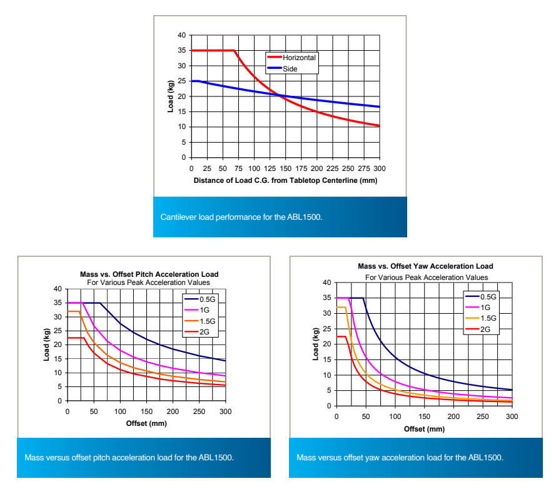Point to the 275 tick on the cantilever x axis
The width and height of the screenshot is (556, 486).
pyautogui.click(x=364, y=169)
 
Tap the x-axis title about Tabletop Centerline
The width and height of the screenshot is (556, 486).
pyautogui.click(x=286, y=180)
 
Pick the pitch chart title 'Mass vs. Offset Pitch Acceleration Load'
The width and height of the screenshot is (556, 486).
pyautogui.click(x=149, y=274)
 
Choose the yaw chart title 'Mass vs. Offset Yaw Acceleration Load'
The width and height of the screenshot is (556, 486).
pyautogui.click(x=425, y=267)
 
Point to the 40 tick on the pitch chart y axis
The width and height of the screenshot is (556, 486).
pyautogui.click(x=58, y=289)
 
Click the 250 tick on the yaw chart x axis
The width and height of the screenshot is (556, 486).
pyautogui.click(x=482, y=417)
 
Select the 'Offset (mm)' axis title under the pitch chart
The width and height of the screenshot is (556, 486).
pyautogui.click(x=146, y=423)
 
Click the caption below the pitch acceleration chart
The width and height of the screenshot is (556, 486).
pyautogui.click(x=129, y=458)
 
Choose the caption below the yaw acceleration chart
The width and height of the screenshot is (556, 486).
pyautogui.click(x=400, y=458)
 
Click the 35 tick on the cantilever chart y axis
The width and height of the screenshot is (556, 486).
pyautogui.click(x=182, y=50)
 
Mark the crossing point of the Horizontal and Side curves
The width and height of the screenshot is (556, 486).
pyautogui.click(x=278, y=95)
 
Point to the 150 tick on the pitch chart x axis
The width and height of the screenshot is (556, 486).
pyautogui.click(x=146, y=411)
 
